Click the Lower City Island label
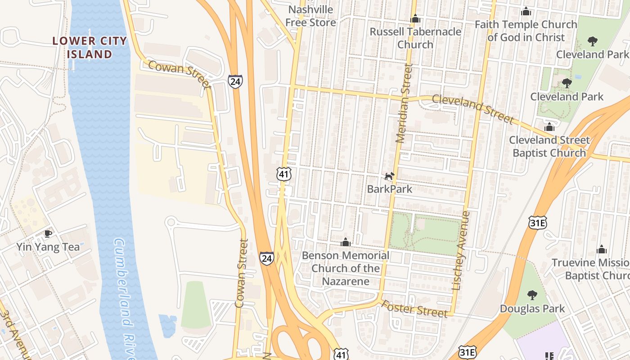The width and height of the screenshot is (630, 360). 90,47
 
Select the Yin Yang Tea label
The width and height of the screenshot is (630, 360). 48,247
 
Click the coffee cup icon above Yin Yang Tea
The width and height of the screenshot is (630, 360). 48,233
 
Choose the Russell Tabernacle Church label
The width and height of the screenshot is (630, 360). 415,38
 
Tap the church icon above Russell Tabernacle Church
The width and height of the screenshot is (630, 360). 415,19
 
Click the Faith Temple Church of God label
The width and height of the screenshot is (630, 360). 526,31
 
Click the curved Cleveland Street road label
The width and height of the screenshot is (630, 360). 472,108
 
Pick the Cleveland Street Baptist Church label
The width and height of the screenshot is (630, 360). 549,146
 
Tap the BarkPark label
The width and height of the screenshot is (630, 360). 389,189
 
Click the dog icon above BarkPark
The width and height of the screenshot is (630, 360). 389,176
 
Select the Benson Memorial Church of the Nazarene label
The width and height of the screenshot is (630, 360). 345,268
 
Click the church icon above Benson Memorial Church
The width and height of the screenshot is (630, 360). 345,243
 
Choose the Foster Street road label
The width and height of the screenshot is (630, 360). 414,309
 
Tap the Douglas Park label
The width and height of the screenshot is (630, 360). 532,309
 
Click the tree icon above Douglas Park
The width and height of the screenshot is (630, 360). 532,295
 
